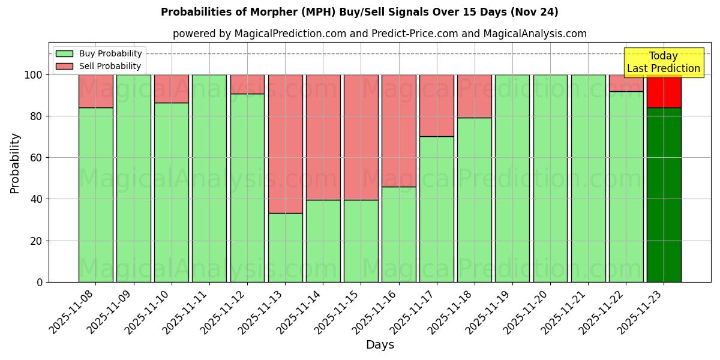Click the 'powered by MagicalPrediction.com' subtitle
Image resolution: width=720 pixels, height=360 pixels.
pos(379,34)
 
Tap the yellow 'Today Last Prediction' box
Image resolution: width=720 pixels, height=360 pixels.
pos(664,62)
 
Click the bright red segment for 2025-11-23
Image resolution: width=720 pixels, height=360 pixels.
pos(664,91)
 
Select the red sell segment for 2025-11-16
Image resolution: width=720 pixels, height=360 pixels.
pos(398,131)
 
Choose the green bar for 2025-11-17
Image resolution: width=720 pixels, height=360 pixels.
pos(436,209)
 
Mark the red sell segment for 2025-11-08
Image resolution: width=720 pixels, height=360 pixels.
pos(95,91)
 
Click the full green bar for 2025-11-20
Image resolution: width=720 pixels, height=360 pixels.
pos(550,178)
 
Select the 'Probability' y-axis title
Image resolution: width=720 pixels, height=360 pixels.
pos(15,163)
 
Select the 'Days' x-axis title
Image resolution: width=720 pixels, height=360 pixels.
pos(380,345)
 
